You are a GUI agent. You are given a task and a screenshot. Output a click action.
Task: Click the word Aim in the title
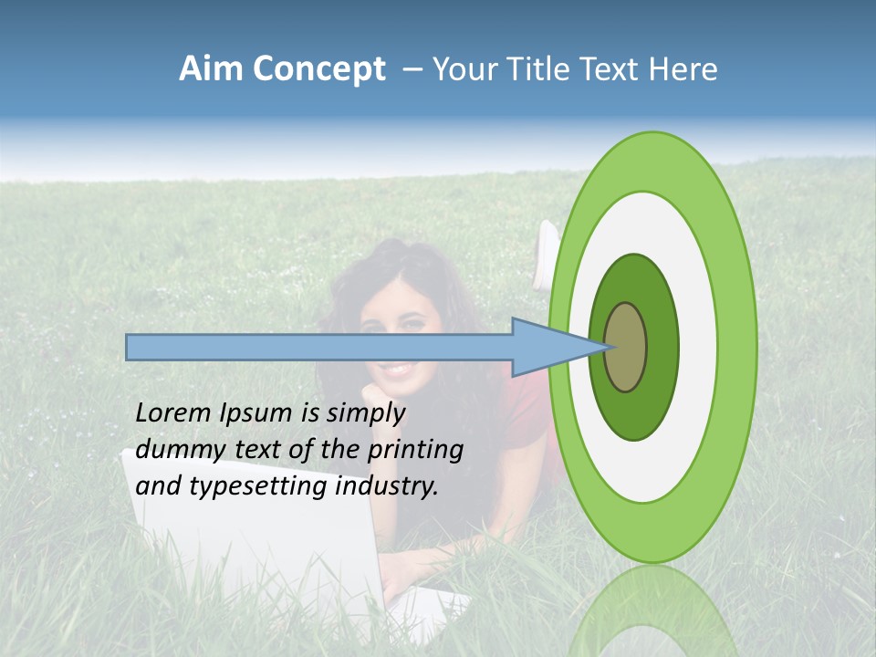pyautogui.click(x=211, y=69)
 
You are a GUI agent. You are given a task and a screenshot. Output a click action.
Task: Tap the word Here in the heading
pyautogui.click(x=683, y=69)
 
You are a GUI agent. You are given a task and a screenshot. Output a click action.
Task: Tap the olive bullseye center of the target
pyautogui.click(x=626, y=347)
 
